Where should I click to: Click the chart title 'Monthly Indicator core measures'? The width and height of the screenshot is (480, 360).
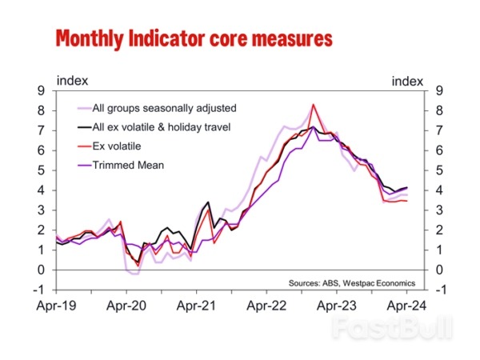193,38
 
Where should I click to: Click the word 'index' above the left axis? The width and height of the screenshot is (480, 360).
71,80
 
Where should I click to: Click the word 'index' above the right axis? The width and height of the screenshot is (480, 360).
406,80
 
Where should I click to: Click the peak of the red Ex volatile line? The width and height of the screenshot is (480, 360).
314,105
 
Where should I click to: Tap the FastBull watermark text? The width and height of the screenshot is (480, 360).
392,327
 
